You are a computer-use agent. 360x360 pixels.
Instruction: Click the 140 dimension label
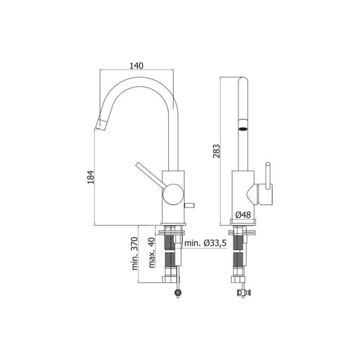point(136,66)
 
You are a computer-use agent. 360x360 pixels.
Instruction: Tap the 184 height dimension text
point(91,177)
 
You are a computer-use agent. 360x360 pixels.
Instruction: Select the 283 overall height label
point(216,151)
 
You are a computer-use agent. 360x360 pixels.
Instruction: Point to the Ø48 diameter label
point(243,215)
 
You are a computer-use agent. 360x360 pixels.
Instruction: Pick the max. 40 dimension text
point(152,252)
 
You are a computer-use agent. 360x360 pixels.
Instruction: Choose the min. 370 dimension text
point(135,253)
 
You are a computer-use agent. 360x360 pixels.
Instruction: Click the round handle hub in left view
point(173,194)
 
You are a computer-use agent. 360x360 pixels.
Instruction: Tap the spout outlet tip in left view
point(101,125)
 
